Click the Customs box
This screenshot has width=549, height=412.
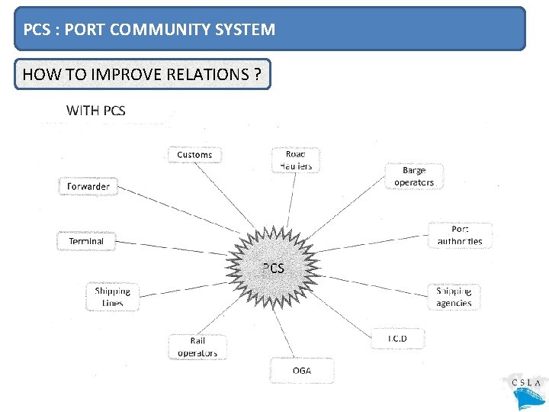(194, 155)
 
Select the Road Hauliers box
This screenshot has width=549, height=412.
(296, 160)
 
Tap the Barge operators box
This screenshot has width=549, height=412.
(414, 176)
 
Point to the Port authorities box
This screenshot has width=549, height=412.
(460, 235)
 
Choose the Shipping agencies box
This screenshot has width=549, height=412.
(454, 297)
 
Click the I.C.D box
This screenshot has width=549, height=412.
(397, 338)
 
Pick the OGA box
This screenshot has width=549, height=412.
(302, 371)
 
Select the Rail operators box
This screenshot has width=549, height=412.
(197, 346)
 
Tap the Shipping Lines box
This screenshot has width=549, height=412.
(113, 297)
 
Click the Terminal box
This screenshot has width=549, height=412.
(86, 241)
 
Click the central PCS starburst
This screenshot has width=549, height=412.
(273, 268)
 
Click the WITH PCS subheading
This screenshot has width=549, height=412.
(96, 111)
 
